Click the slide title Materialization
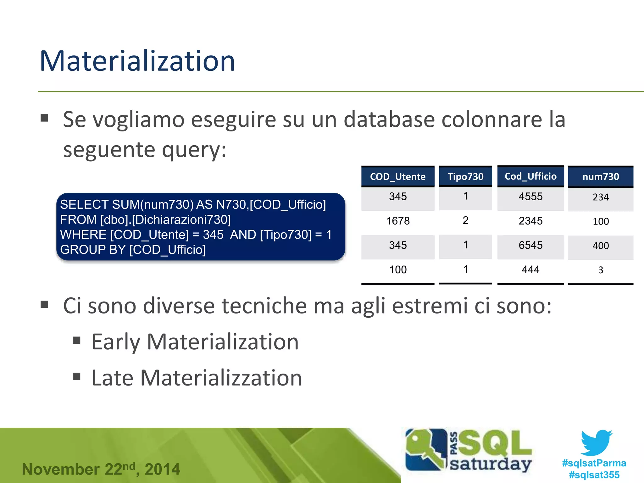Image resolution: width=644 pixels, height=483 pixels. (x=137, y=61)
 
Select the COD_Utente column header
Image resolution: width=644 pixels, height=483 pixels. (x=398, y=177)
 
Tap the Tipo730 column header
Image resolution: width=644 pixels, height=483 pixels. (x=465, y=177)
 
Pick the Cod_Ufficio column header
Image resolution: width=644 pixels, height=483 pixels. (x=530, y=176)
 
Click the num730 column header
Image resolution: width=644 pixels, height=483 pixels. (x=601, y=177)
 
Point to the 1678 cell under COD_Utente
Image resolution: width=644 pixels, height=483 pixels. (x=398, y=221)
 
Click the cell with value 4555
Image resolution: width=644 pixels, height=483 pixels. (x=530, y=197)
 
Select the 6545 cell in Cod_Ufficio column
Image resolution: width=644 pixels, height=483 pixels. (x=530, y=245)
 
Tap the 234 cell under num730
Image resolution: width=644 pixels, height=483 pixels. (x=601, y=197)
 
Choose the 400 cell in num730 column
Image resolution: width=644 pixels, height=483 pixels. (x=601, y=246)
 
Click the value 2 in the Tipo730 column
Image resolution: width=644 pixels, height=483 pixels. (x=465, y=220)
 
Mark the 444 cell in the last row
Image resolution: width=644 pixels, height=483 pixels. (x=530, y=269)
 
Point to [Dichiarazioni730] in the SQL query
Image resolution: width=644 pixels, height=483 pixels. (x=181, y=219)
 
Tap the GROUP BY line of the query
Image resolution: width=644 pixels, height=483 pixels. (x=133, y=250)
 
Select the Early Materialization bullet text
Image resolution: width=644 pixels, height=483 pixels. (x=195, y=342)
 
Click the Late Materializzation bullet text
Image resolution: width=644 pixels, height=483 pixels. (x=197, y=378)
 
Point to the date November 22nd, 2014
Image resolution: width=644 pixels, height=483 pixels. (x=101, y=469)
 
